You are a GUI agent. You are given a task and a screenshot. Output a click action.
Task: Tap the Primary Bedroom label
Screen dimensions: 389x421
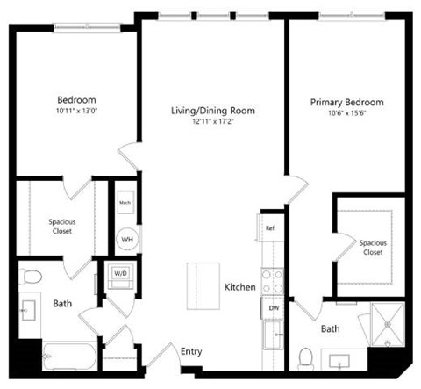pos(346,103)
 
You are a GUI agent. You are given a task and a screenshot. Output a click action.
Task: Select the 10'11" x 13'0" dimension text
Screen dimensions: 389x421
pos(77,111)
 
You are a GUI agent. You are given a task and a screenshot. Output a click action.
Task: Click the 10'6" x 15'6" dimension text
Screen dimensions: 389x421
pos(346,114)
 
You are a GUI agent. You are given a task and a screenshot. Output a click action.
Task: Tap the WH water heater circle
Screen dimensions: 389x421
pos(126,238)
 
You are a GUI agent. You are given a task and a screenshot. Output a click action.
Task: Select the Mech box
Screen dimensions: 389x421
pos(125,202)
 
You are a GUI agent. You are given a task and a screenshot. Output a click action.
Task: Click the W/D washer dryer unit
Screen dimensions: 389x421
pos(119,272)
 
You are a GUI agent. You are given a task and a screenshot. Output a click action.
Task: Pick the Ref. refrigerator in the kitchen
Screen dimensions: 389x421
pos(271,228)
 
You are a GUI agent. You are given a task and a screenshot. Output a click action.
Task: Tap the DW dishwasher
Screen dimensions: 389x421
pos(273,307)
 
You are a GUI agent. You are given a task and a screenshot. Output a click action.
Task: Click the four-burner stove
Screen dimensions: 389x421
pos(272,280)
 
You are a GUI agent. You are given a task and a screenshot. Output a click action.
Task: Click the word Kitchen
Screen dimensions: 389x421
pos(239,287)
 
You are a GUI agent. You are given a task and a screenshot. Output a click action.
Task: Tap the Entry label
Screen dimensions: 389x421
pos(191,352)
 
